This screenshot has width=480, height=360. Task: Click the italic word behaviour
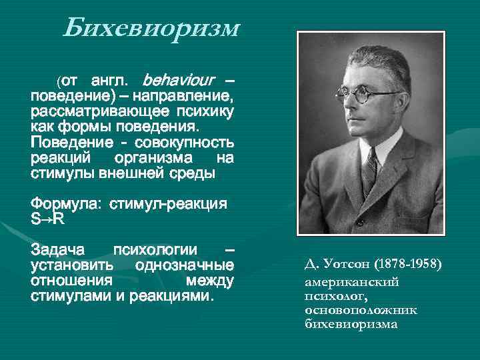tap(179, 81)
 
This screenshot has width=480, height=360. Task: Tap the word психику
tap(205, 111)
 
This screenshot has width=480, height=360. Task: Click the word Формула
tap(61, 203)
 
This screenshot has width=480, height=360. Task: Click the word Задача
tap(58, 250)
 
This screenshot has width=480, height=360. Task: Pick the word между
tap(210, 280)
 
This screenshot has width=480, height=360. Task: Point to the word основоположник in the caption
tap(360, 310)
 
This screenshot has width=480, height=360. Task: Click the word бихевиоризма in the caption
tap(351, 325)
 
